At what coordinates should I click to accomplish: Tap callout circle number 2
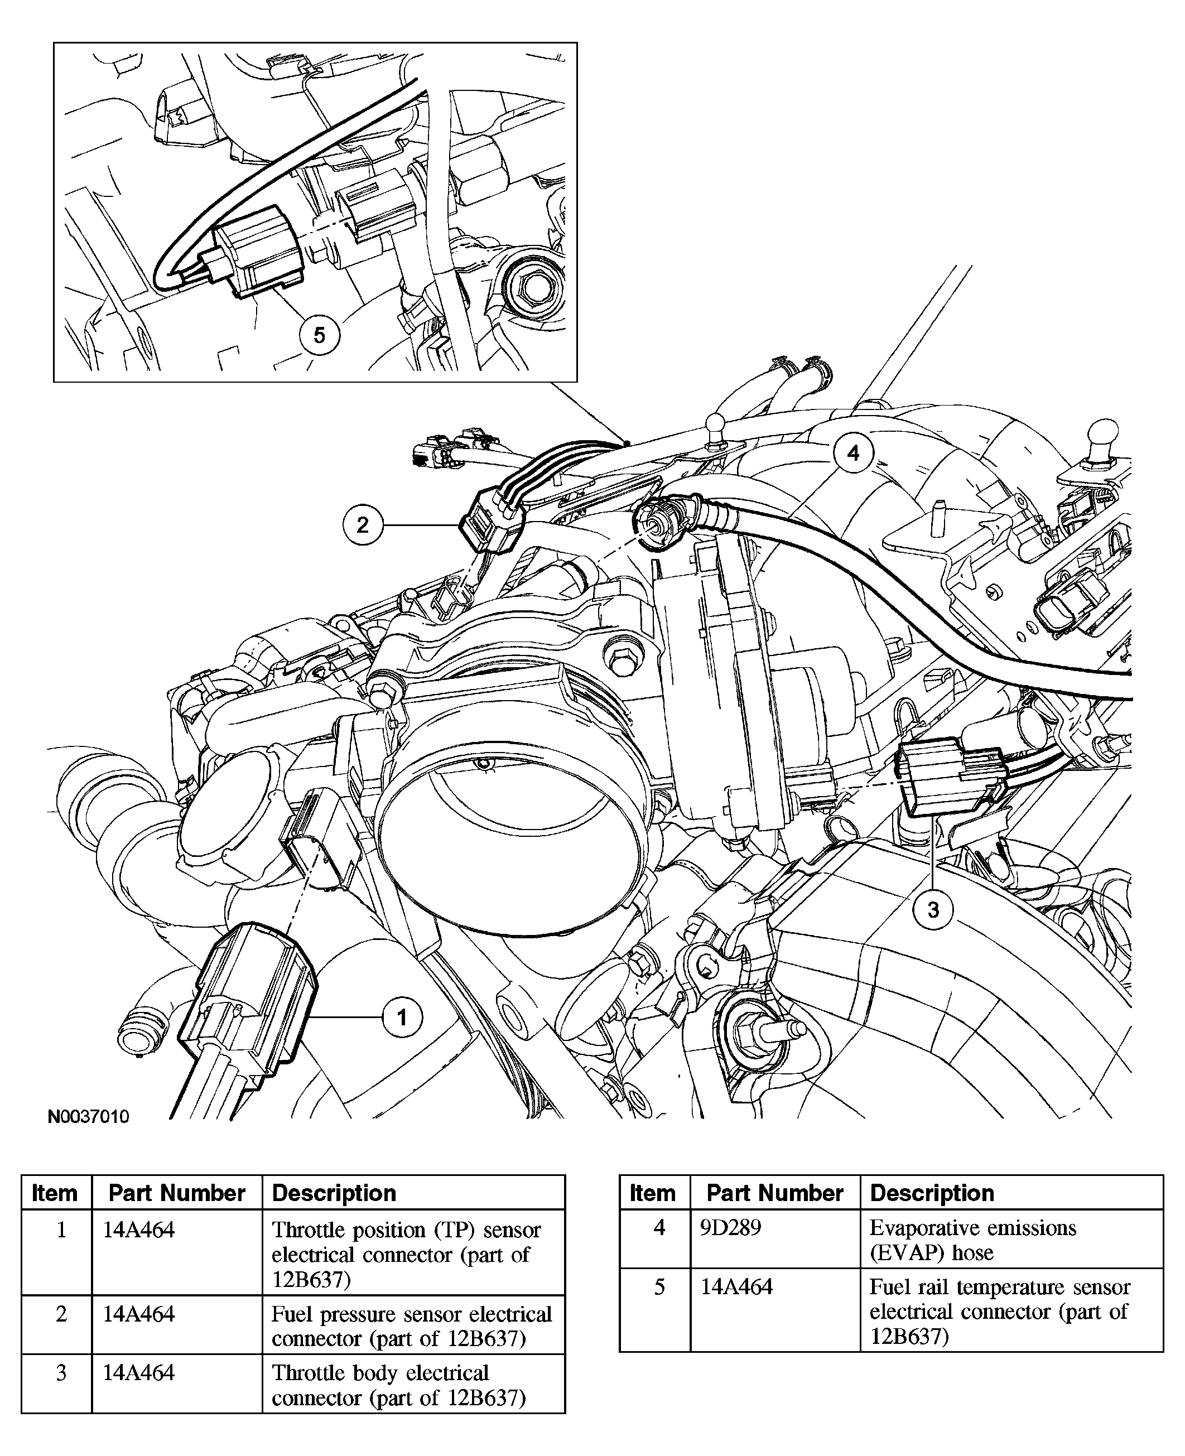(363, 524)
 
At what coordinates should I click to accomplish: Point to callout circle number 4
(853, 452)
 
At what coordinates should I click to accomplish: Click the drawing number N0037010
(88, 1117)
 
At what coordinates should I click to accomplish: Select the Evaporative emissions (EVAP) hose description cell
(972, 1240)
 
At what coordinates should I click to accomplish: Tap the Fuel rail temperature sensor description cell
(999, 1312)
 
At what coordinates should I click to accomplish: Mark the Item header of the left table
(55, 1193)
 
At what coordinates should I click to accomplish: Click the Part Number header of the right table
(775, 1193)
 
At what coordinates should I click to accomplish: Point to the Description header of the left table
(334, 1193)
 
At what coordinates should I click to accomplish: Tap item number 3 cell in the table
(61, 1373)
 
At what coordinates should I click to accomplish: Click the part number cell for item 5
(736, 1288)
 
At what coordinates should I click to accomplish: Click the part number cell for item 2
(138, 1314)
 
